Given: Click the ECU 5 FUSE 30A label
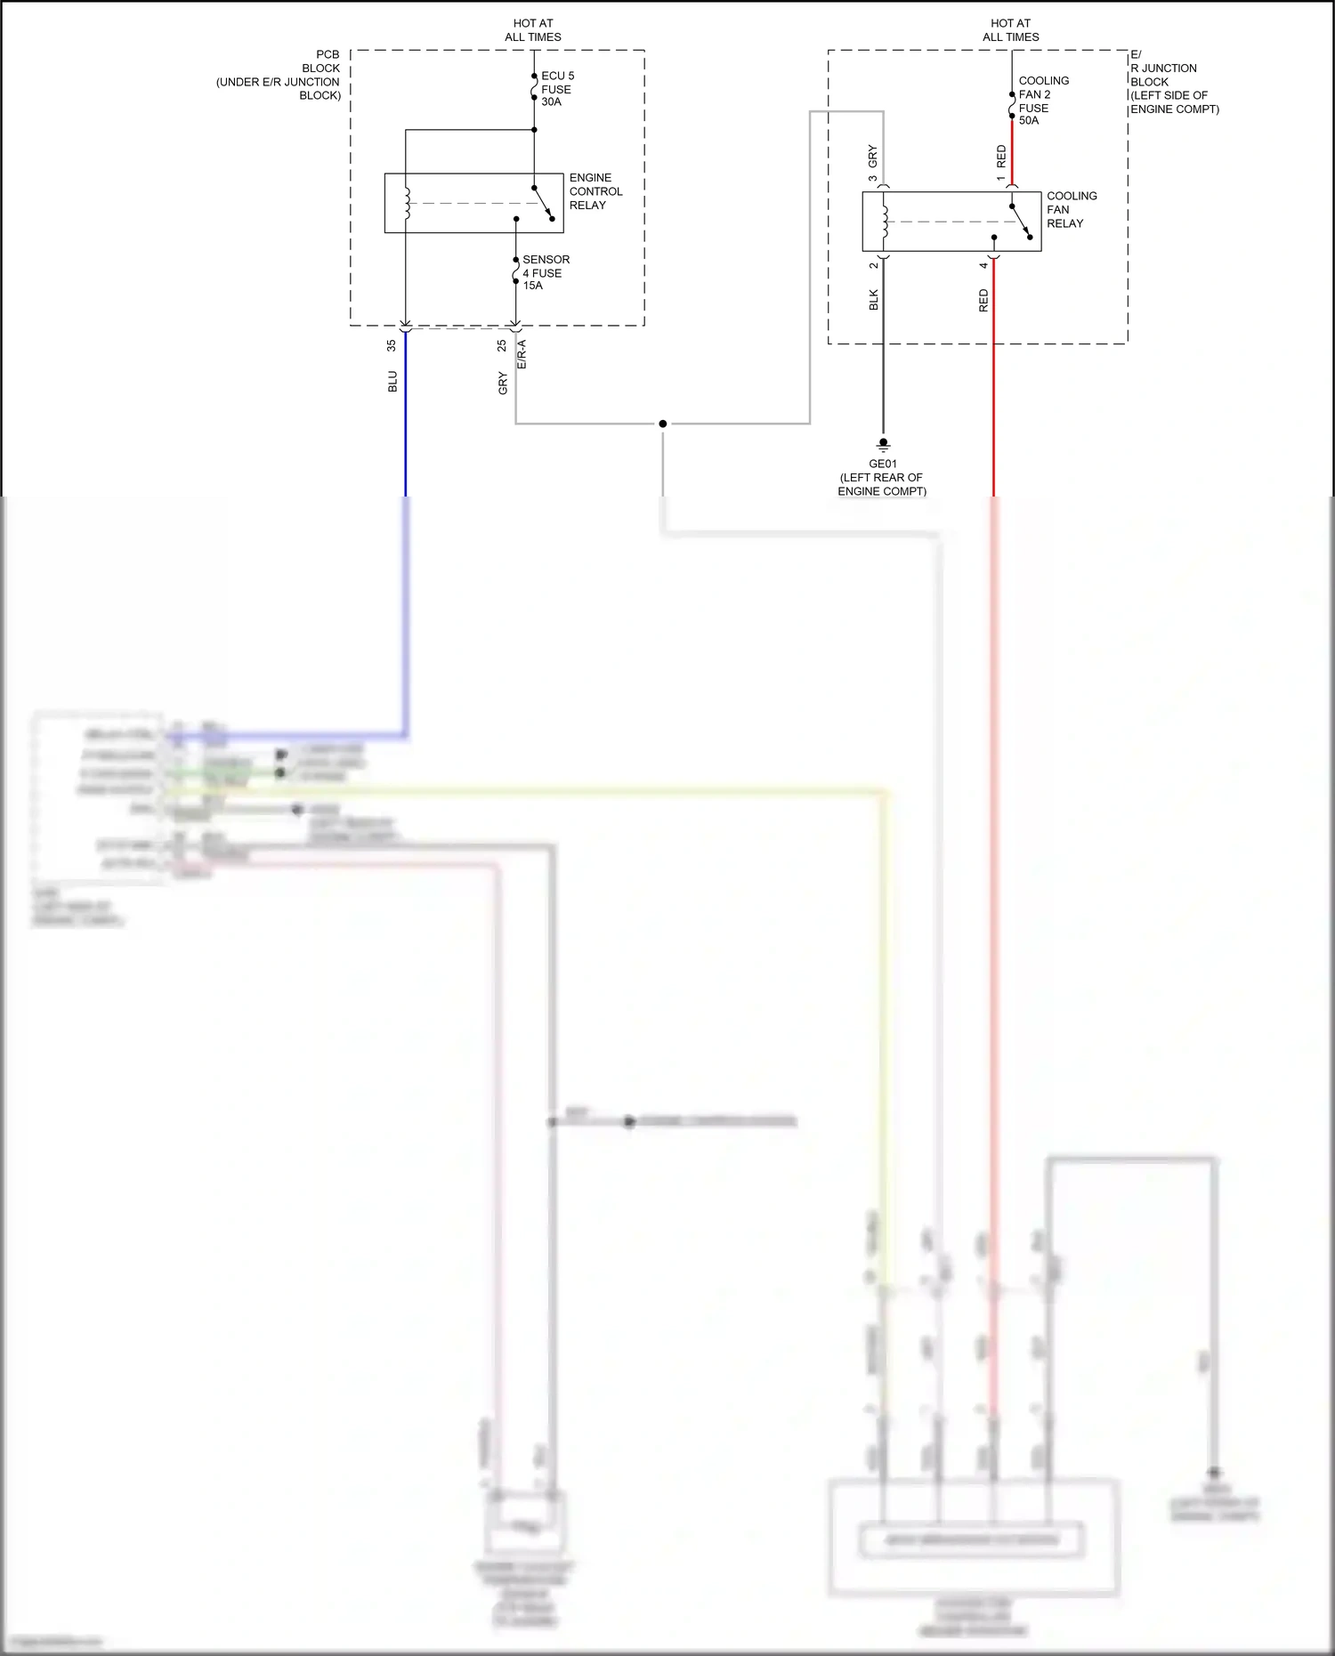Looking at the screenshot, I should pos(557,89).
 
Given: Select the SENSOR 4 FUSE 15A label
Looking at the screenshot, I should pos(545,272).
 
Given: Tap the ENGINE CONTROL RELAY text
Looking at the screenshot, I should pos(595,191).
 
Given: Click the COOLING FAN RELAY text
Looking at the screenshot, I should pos(1071,210).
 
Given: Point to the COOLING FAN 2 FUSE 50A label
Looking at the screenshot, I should pos(1042,101).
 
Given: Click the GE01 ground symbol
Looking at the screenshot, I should pos(883,443).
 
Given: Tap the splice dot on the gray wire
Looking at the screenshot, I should pos(662,424).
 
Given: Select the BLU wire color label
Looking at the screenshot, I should pos(392,382).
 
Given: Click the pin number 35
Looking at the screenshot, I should pos(391,345).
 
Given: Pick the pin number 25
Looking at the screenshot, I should pos(502,345).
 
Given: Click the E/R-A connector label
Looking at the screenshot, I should pos(522,354).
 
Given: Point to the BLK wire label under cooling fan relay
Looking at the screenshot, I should pos(873,300).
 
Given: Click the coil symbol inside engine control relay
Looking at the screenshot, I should pos(408,203).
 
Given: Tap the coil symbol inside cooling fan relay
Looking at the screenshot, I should pos(885,222).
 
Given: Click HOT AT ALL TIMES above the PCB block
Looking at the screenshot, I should pos(532,30).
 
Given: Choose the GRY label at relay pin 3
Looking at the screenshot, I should pos(872,156).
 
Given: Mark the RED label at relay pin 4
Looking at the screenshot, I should pos(983,300).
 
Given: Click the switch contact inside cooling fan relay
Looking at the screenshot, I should pos(1020,222).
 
